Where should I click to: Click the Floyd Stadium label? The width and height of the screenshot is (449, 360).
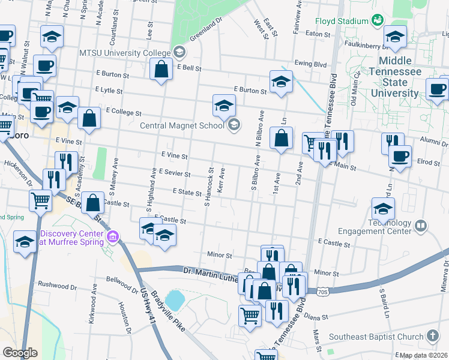(341, 21)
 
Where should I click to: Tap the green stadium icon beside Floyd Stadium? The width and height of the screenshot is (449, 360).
(377, 20)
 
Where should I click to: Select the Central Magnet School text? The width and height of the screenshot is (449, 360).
(182, 125)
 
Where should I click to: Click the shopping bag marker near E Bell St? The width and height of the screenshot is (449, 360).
(161, 70)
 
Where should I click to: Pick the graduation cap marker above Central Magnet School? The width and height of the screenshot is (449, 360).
(224, 106)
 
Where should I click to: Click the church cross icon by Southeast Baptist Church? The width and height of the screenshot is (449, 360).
(433, 335)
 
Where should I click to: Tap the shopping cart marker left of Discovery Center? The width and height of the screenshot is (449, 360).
(41, 200)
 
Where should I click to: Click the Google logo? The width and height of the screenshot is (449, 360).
(20, 353)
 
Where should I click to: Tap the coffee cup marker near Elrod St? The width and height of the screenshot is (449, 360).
(400, 157)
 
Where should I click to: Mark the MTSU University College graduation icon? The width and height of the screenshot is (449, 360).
(179, 53)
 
